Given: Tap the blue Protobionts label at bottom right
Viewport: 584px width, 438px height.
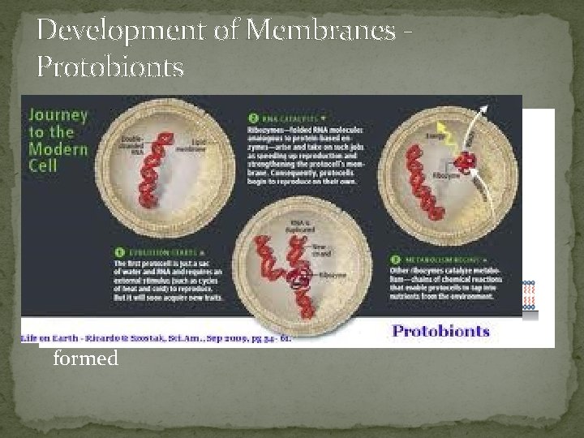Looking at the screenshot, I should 440,331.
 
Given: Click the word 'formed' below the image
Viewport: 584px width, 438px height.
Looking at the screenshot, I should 85,358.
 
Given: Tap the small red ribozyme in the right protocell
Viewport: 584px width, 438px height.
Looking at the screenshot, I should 466,162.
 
